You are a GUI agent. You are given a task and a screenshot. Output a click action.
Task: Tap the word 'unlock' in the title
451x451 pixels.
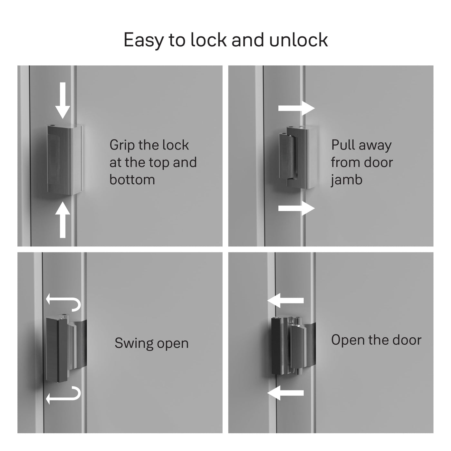[298, 40]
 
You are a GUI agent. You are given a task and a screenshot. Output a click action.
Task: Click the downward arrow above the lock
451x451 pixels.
[62, 101]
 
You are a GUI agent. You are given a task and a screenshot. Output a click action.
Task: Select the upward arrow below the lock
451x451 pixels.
[62, 220]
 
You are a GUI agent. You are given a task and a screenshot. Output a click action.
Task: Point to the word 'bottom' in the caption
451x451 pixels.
[132, 179]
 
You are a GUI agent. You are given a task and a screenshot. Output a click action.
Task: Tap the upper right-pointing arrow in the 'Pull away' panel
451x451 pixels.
[296, 108]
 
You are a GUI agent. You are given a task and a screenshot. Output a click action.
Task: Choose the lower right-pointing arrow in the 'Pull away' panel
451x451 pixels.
[296, 208]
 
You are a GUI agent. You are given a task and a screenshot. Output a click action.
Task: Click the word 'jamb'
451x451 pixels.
[346, 180]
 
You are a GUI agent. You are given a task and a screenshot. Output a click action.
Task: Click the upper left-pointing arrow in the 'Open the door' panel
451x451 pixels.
[285, 301]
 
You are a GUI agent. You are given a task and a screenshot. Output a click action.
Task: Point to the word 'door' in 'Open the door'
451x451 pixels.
[407, 340]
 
